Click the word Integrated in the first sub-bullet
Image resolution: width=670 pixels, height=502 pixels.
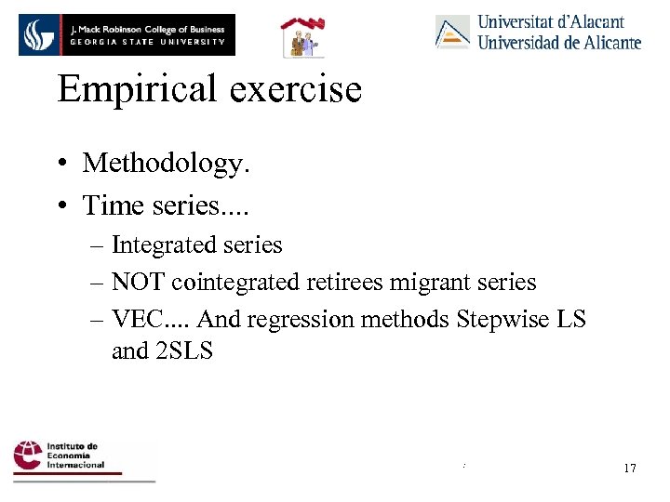coord(162,245)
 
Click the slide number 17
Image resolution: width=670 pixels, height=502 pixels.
coord(630,468)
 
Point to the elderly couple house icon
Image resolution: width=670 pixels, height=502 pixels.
coord(301,37)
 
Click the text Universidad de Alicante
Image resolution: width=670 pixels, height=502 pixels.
coord(558,42)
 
